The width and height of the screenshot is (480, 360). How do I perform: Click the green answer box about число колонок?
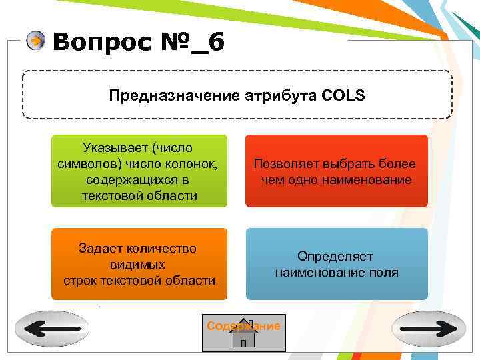(x=139, y=171)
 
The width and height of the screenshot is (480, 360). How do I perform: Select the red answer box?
(x=337, y=171)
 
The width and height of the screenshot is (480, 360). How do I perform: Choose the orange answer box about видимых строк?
(x=139, y=264)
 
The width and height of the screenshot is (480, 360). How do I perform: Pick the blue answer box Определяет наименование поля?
(x=337, y=264)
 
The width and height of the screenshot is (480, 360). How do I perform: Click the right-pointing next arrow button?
(x=429, y=329)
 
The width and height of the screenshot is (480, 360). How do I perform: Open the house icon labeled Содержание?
(x=243, y=333)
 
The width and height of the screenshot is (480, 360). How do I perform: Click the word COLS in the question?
(x=343, y=95)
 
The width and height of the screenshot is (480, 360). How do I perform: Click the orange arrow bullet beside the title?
(x=36, y=41)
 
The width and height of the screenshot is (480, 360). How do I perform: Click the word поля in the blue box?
(x=385, y=272)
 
